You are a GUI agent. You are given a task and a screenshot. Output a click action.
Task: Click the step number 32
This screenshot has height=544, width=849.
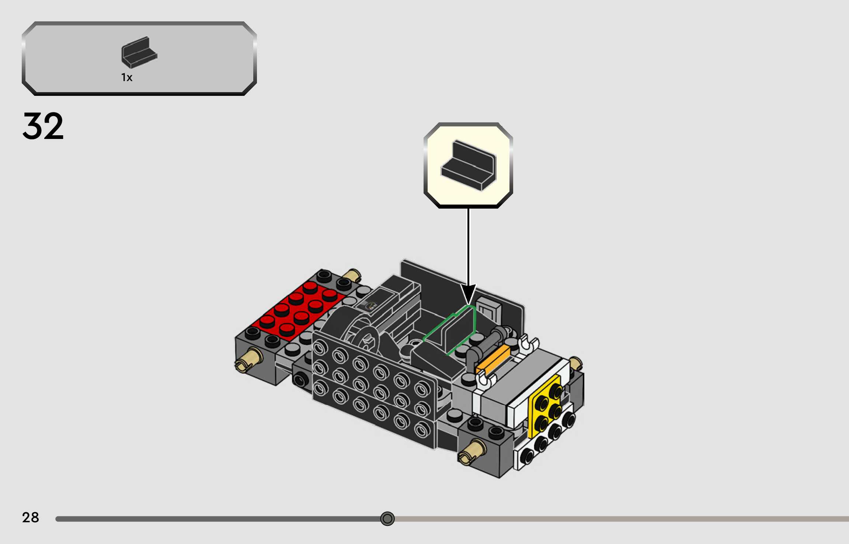(43, 126)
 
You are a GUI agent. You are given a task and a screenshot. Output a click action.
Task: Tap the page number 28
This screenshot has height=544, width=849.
(30, 517)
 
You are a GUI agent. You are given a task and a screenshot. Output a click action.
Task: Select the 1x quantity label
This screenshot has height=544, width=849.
(126, 77)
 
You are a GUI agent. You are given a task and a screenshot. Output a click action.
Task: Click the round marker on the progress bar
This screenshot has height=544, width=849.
(387, 519)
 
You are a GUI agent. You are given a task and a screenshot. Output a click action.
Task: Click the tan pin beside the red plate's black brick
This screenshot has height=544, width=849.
(352, 275)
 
